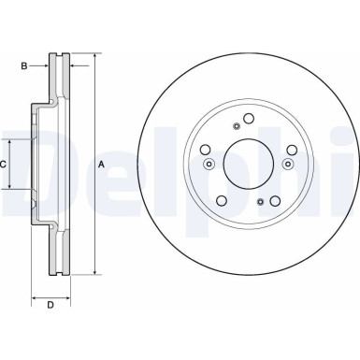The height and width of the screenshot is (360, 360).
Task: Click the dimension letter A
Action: point(101,166)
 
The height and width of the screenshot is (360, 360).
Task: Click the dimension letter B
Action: point(25,65)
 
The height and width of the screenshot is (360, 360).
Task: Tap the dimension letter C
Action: point(4,165)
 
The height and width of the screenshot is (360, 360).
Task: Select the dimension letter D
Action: point(50,306)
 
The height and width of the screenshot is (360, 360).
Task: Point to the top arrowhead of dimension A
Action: point(94,58)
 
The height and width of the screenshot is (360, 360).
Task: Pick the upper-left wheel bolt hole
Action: point(204,150)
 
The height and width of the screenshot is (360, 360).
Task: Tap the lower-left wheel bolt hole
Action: point(221,203)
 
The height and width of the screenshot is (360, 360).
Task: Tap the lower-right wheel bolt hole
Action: point(277,203)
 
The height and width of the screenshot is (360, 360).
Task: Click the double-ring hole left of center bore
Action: point(208,166)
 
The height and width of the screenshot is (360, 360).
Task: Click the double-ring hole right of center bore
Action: point(289,166)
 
